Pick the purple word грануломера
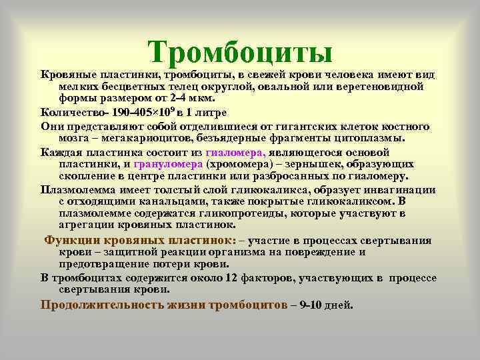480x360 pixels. click(x=169, y=163)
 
